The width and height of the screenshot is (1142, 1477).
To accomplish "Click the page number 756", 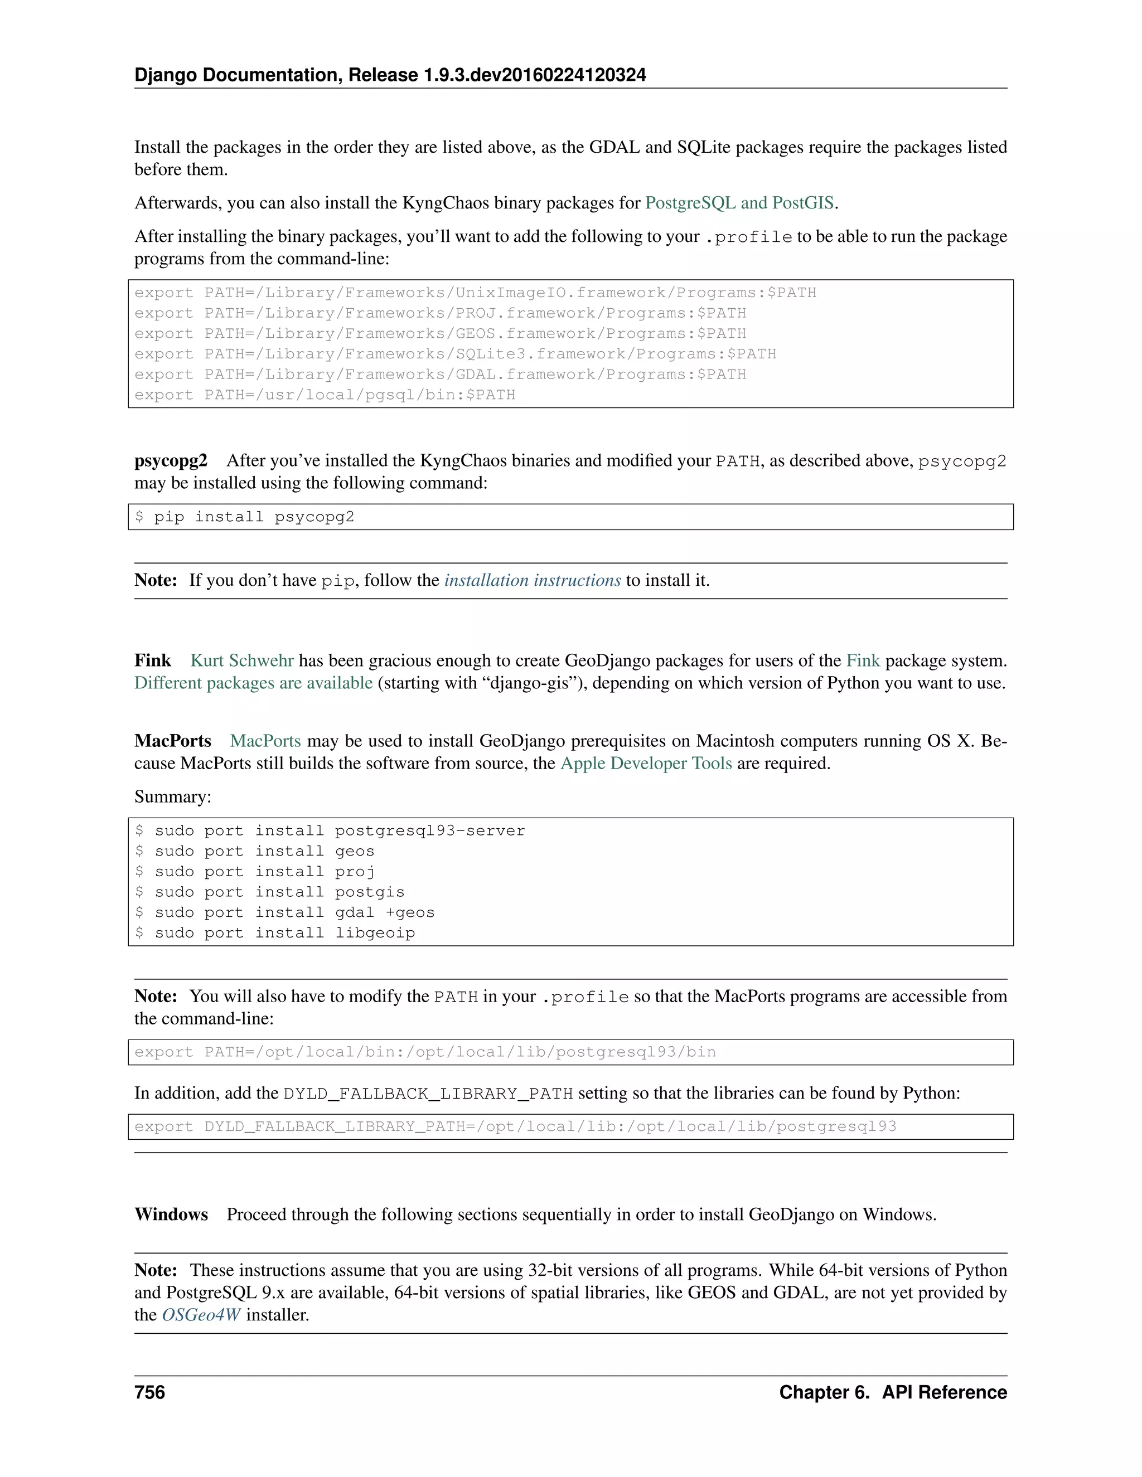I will (149, 1392).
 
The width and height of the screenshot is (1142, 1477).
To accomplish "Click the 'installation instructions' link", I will (532, 580).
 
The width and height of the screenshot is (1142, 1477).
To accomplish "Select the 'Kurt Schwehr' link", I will (241, 660).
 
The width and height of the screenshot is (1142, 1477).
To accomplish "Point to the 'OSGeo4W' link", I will (201, 1315).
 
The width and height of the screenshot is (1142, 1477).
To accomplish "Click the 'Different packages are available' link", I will (253, 683).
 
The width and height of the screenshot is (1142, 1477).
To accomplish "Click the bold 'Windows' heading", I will (171, 1214).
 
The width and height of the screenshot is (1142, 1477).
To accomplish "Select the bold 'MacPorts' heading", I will (172, 741).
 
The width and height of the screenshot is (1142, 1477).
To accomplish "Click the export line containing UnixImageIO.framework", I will (475, 293).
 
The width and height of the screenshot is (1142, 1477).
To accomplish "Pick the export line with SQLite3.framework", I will (454, 354).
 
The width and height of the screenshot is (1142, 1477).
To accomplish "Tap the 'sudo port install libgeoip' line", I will (275, 933).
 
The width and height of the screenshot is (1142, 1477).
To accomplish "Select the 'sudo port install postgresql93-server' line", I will (330, 831).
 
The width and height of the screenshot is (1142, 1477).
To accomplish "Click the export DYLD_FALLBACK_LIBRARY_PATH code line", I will (515, 1126).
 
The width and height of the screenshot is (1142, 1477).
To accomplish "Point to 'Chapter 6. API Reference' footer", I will (892, 1392).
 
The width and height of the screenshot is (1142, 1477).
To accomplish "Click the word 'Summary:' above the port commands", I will (172, 796).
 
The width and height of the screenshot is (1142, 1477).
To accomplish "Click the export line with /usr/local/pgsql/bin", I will (325, 395).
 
